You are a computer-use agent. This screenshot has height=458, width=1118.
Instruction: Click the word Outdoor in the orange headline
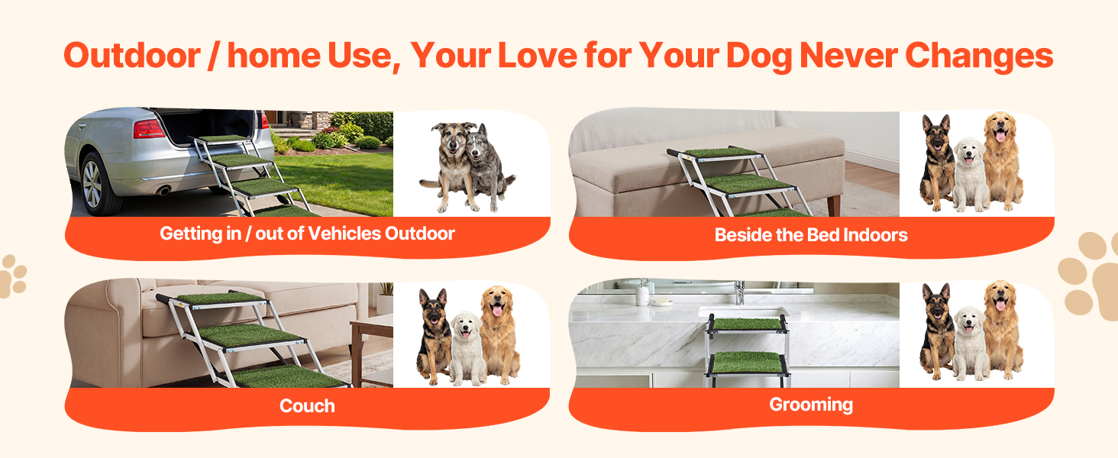[132, 56]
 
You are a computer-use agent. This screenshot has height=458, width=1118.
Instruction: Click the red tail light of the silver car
[148, 129]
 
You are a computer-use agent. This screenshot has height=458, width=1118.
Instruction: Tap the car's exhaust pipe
[163, 190]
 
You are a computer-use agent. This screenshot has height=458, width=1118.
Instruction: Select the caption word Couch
[307, 405]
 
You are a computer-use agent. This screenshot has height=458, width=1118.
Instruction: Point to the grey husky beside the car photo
[489, 167]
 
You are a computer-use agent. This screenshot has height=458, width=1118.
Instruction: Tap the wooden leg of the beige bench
[833, 205]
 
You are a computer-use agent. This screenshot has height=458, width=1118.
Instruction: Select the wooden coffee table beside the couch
[371, 350]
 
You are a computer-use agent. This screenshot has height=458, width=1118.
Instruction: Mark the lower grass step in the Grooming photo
[747, 363]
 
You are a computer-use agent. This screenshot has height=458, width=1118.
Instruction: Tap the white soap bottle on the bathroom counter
[641, 294]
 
